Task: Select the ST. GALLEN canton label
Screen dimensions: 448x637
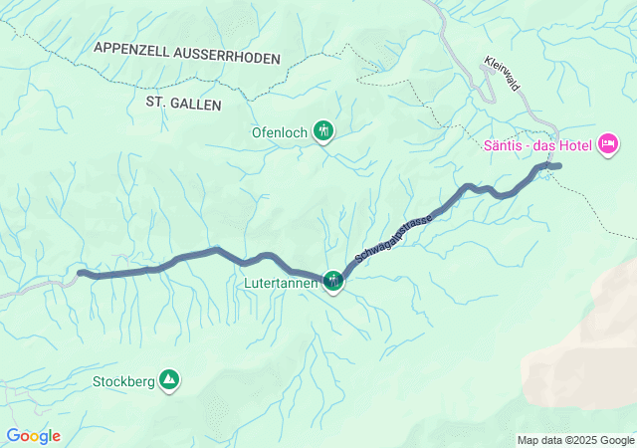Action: tap(184, 103)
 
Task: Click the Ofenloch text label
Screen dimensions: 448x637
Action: tap(283, 130)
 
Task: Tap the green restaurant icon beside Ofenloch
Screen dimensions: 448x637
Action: tap(323, 129)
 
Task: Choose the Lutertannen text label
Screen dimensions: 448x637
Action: tap(280, 283)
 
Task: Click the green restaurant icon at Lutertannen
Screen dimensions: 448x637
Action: tap(332, 282)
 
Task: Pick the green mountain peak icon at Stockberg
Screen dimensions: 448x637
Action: tap(170, 379)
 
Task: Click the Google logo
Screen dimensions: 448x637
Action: tap(33, 436)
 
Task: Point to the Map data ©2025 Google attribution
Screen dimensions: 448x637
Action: tap(574, 440)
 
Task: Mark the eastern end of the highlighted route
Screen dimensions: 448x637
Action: tap(559, 165)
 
